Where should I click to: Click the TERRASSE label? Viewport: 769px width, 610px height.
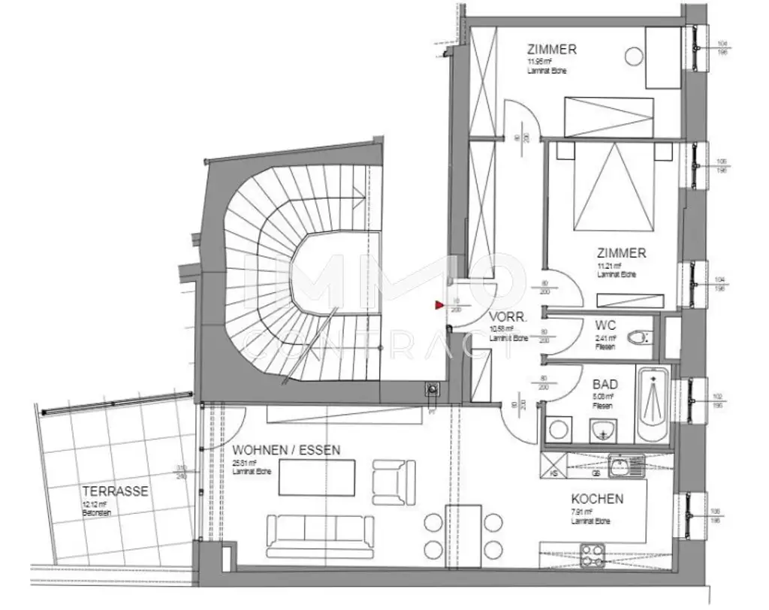[115, 492]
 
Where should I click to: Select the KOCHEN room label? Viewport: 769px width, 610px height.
[597, 499]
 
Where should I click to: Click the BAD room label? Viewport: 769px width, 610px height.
[605, 382]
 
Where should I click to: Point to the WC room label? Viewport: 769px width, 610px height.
[605, 326]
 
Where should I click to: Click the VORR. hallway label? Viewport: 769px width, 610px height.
[508, 318]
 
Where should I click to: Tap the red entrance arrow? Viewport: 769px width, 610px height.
[439, 305]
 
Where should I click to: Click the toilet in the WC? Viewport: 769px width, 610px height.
[638, 339]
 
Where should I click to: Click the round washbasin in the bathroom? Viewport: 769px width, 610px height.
[603, 431]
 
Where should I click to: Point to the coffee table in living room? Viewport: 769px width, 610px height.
[316, 478]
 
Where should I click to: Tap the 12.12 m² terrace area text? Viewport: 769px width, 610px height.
[95, 505]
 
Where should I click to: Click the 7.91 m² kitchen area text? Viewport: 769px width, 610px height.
[582, 512]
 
